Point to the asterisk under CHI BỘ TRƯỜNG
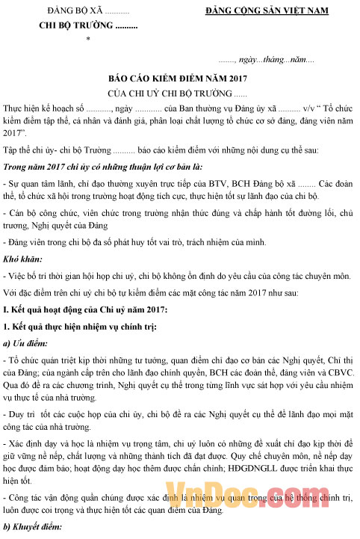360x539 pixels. (89, 38)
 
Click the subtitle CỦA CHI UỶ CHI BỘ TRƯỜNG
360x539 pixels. (177, 93)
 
